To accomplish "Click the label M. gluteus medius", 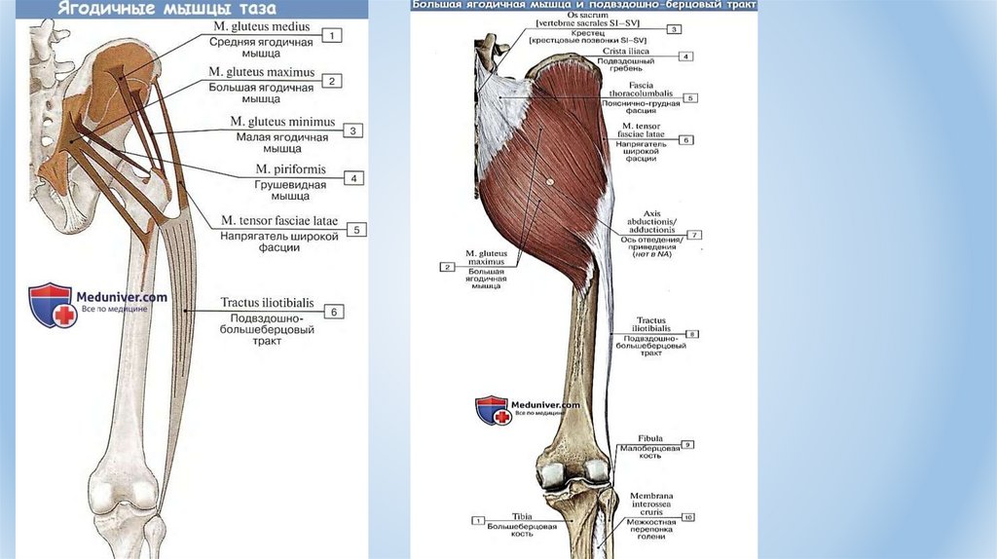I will point(262,27).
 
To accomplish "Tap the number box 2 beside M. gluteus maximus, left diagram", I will point(332,81).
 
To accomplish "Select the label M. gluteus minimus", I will point(281,122).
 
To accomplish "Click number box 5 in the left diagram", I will point(358,230).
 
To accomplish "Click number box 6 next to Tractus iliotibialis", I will point(333,312).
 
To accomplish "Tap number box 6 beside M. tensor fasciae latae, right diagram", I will point(685,140).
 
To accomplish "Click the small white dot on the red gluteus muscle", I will point(550,181).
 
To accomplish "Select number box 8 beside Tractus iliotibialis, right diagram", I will point(692,334).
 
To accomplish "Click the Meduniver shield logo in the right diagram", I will point(492,409).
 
